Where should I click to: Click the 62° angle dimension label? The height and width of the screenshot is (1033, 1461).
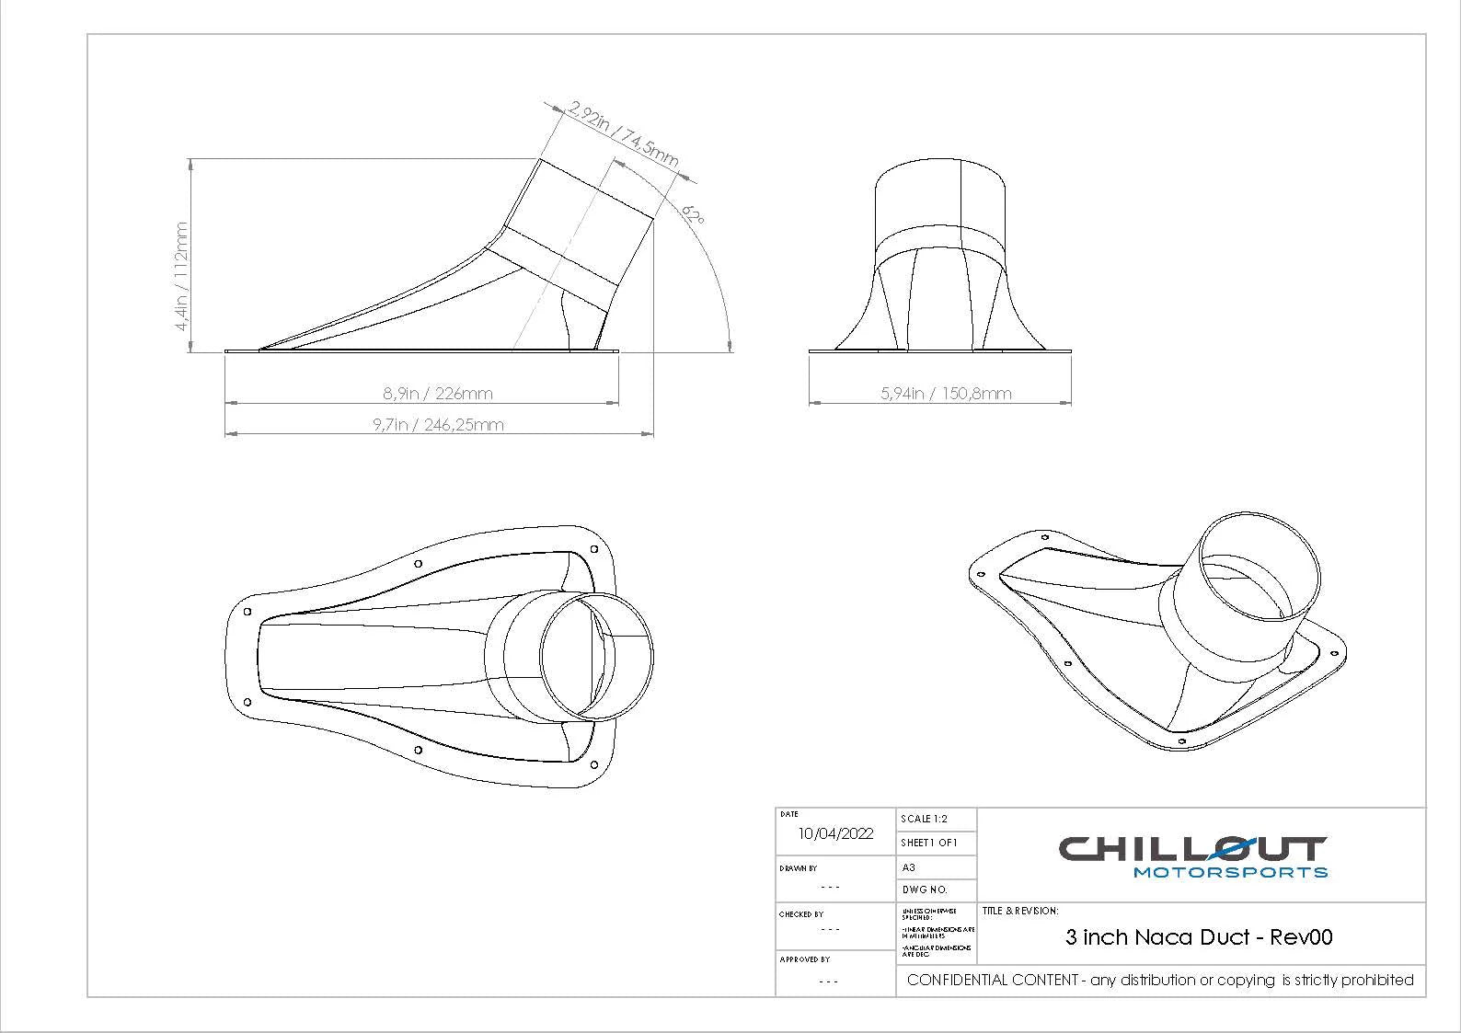[x=694, y=216]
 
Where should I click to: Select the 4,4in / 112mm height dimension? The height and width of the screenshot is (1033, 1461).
[x=181, y=276]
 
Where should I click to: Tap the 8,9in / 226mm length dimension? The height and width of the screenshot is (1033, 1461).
[x=438, y=394]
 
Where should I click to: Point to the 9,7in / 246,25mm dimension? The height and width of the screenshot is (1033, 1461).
[x=438, y=425]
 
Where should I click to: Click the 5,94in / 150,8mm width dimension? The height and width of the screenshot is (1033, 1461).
[x=946, y=394]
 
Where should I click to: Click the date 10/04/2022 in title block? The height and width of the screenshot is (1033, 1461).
[x=835, y=834]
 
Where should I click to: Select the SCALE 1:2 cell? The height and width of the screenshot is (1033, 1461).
[x=924, y=819]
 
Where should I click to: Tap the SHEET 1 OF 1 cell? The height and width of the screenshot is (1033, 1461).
[x=929, y=843]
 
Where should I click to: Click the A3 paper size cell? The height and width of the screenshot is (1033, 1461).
[x=908, y=867]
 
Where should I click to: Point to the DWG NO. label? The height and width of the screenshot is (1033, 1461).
[x=924, y=890]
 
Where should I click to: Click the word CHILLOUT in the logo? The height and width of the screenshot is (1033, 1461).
[x=1192, y=848]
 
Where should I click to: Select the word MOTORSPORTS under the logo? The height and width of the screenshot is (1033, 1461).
[x=1230, y=872]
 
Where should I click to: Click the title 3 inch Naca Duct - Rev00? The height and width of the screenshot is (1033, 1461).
[x=1199, y=937]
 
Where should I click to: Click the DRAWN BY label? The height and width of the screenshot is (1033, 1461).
[x=798, y=868]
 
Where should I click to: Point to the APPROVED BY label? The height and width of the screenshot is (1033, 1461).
[x=804, y=959]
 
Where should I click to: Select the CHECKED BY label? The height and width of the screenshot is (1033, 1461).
[x=800, y=914]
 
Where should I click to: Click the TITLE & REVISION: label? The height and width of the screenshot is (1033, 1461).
[x=1019, y=912]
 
